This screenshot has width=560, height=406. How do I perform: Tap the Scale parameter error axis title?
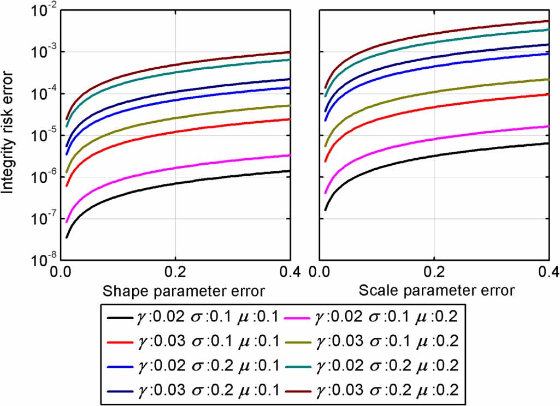(436, 290)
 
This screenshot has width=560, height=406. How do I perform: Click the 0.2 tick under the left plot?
(174, 271)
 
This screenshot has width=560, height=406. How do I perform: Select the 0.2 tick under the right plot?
(434, 271)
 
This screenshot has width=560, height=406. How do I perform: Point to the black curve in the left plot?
(175, 183)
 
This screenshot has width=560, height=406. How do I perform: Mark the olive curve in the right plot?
(434, 92)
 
